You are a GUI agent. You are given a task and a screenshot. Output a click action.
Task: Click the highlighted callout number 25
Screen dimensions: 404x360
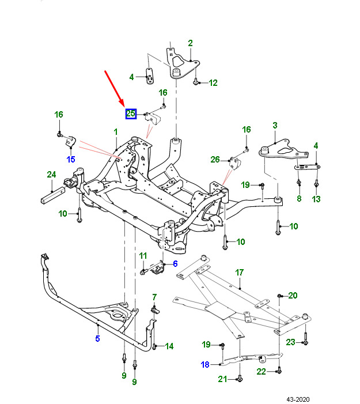[131, 114]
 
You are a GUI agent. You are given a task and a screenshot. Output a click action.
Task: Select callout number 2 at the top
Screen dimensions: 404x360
[190, 43]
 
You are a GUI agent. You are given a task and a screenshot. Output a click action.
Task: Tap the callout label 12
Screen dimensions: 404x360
[213, 83]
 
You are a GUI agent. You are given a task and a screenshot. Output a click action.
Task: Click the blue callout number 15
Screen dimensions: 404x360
[71, 159]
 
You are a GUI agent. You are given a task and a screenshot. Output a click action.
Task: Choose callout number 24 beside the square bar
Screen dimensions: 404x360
[51, 175]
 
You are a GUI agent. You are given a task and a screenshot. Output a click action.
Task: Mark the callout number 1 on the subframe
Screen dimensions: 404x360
[116, 132]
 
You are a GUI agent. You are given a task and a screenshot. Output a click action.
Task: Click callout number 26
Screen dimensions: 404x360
[215, 160]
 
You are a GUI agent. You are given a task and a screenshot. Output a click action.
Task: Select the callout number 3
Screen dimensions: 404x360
[275, 125]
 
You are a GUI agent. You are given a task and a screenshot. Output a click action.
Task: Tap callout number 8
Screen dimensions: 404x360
[298, 199]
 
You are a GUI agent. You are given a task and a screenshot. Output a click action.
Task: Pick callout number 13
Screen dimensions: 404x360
[316, 199]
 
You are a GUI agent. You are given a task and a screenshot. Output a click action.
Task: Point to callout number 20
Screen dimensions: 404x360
[293, 296]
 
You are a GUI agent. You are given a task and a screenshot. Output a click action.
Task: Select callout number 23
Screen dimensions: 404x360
[291, 342]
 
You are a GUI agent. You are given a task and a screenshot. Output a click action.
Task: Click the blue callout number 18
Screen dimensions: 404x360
[206, 364]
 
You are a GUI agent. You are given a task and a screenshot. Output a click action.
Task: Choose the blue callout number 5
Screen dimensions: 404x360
[97, 338]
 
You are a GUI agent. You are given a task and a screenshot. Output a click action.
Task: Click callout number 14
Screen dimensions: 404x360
[169, 346]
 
